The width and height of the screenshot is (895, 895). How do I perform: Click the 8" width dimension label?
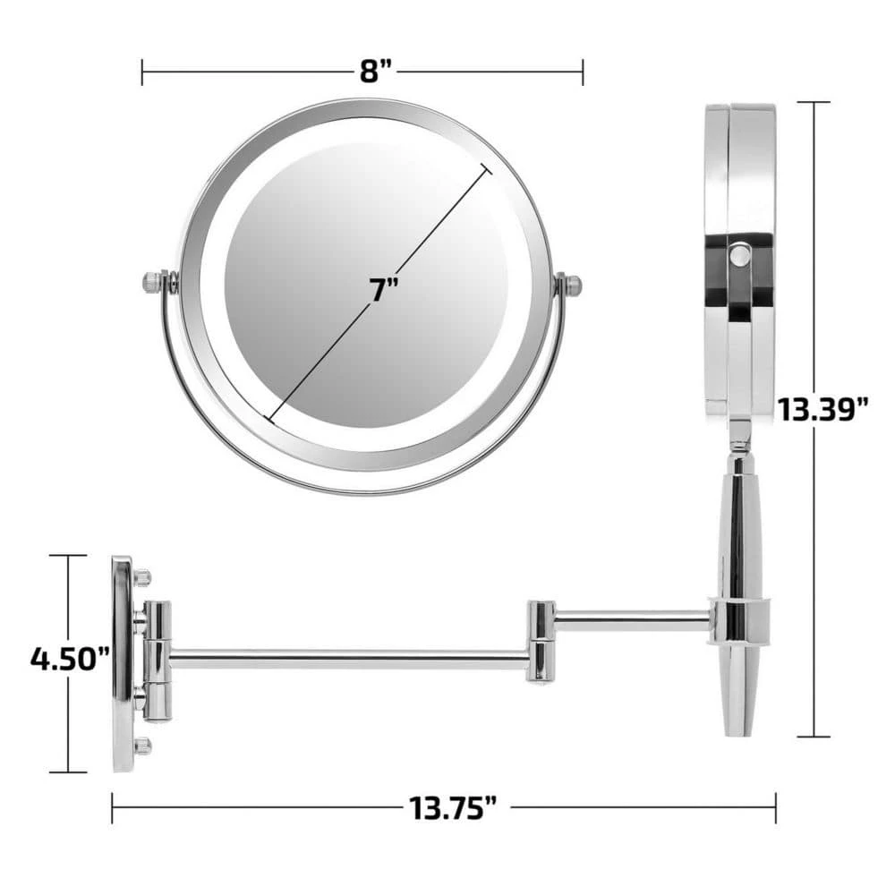[376, 72]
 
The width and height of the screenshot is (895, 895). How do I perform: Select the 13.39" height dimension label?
[823, 409]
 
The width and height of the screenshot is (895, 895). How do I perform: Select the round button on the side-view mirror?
[739, 255]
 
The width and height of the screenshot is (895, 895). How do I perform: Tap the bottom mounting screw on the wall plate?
[142, 746]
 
